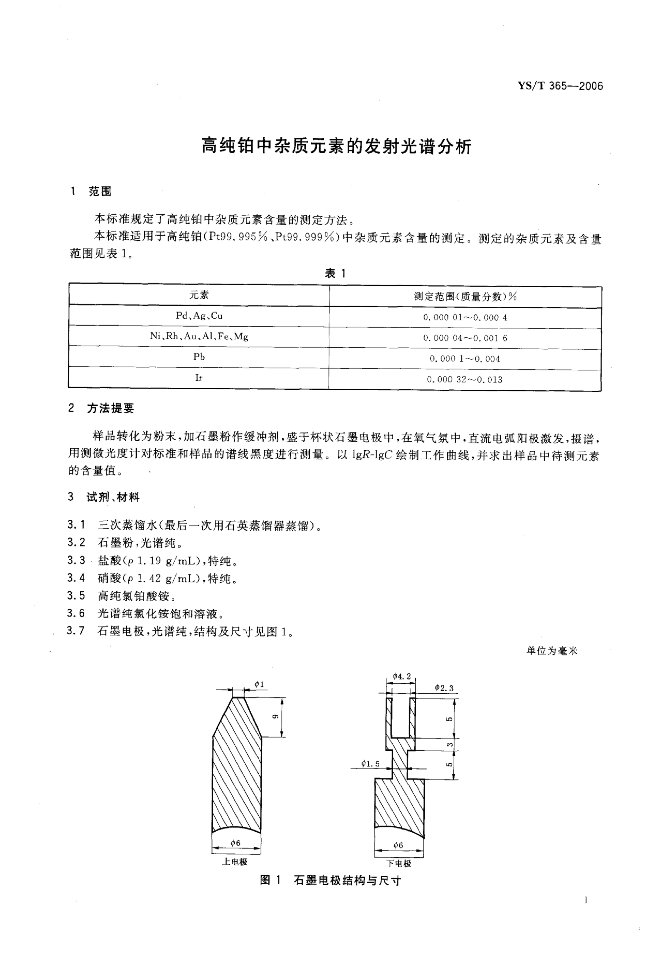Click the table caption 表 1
[x=335, y=273]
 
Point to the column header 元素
[x=199, y=295]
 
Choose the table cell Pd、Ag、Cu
[x=199, y=316]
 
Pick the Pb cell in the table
[x=199, y=357]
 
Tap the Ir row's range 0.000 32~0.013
[x=464, y=379]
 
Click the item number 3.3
[x=76, y=560]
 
